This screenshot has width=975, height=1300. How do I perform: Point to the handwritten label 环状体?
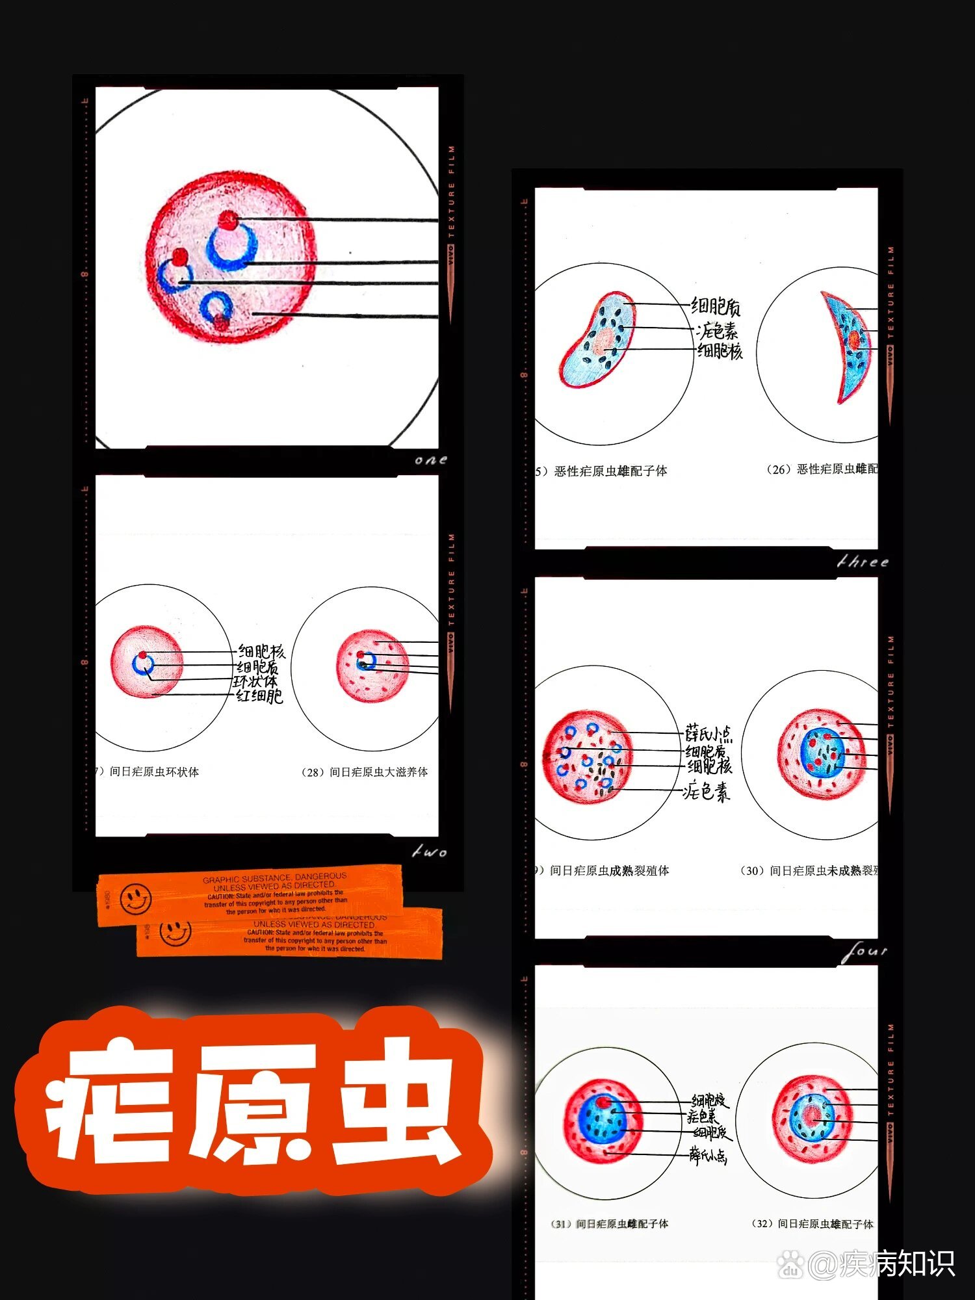pyautogui.click(x=255, y=681)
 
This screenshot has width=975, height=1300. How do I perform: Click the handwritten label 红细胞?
pyautogui.click(x=259, y=696)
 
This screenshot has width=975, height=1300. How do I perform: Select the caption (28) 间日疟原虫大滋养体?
pyautogui.click(x=365, y=772)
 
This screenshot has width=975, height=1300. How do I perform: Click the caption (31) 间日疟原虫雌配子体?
pyautogui.click(x=610, y=1224)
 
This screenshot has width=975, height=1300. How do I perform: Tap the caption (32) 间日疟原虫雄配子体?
pyautogui.click(x=812, y=1224)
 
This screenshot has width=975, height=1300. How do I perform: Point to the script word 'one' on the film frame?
pyautogui.click(x=431, y=460)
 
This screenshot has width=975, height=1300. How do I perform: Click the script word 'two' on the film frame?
pyautogui.click(x=430, y=851)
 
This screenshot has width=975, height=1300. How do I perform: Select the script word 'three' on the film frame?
pyautogui.click(x=863, y=562)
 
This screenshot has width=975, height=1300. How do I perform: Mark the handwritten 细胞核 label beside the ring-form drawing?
pyautogui.click(x=261, y=651)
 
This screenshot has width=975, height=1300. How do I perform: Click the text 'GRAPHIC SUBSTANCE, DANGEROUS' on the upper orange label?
pyautogui.click(x=274, y=878)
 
